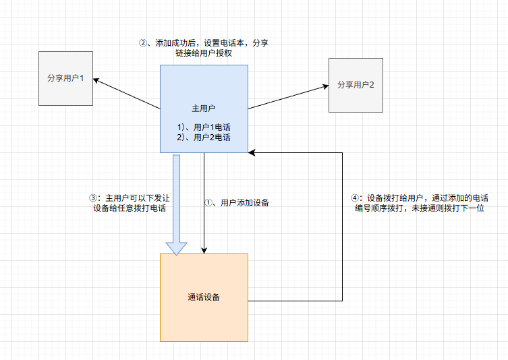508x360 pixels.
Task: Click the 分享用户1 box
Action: pos(65,78)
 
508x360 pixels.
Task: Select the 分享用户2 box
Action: pos(356,85)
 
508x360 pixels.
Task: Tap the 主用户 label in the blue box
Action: pos(204,108)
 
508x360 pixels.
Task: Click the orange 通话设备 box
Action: pos(204,297)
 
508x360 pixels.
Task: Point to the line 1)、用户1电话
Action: pos(204,127)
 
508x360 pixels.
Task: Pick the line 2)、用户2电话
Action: pos(204,138)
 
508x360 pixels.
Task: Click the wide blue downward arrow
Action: pos(177,202)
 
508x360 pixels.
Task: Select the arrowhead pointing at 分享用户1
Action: pos(96,80)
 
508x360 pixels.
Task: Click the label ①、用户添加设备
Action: pos(236,202)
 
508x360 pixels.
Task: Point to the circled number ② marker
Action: pos(142,42)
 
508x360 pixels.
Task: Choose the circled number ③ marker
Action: pos(94,198)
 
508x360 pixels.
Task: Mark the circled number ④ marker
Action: pos(356,198)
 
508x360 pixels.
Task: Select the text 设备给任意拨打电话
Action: pos(130,209)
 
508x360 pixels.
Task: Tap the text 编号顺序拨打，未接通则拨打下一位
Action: pos(420,209)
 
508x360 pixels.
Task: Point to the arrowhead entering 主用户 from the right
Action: pos(252,154)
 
